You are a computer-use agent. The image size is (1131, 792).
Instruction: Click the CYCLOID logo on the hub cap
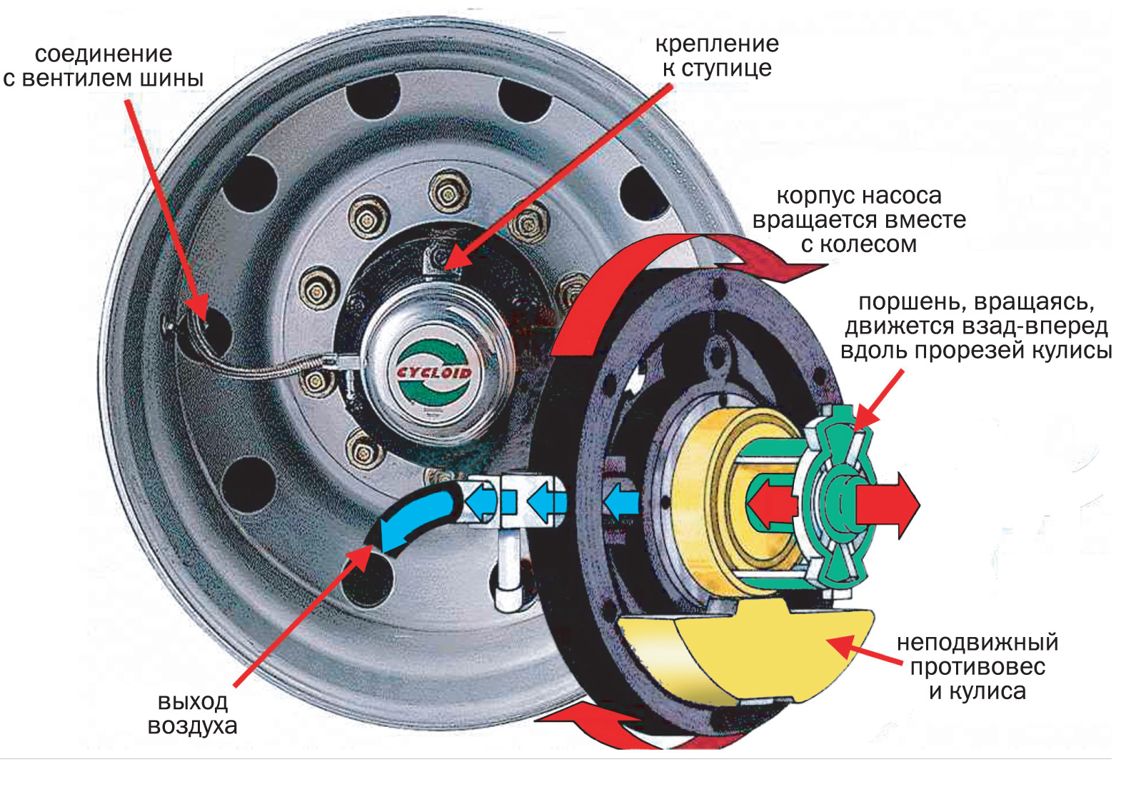click(433, 373)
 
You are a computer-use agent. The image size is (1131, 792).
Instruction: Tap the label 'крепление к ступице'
click(717, 56)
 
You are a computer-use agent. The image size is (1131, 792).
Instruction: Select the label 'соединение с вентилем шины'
click(104, 66)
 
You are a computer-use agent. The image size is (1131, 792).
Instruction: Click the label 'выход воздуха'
click(192, 713)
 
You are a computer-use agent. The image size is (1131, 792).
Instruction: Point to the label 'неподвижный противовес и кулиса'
click(977, 667)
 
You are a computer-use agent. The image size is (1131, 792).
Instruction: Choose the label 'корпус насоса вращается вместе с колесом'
click(859, 220)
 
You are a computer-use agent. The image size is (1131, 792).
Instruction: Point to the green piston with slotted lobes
click(839, 500)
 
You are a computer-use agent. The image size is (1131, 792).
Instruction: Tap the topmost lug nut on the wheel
click(448, 191)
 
